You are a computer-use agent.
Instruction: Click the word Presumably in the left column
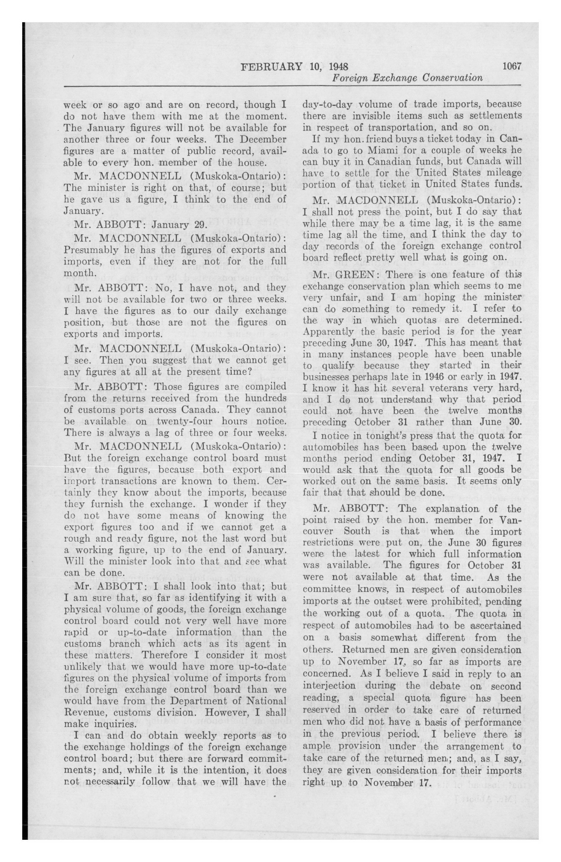[x=91, y=250]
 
